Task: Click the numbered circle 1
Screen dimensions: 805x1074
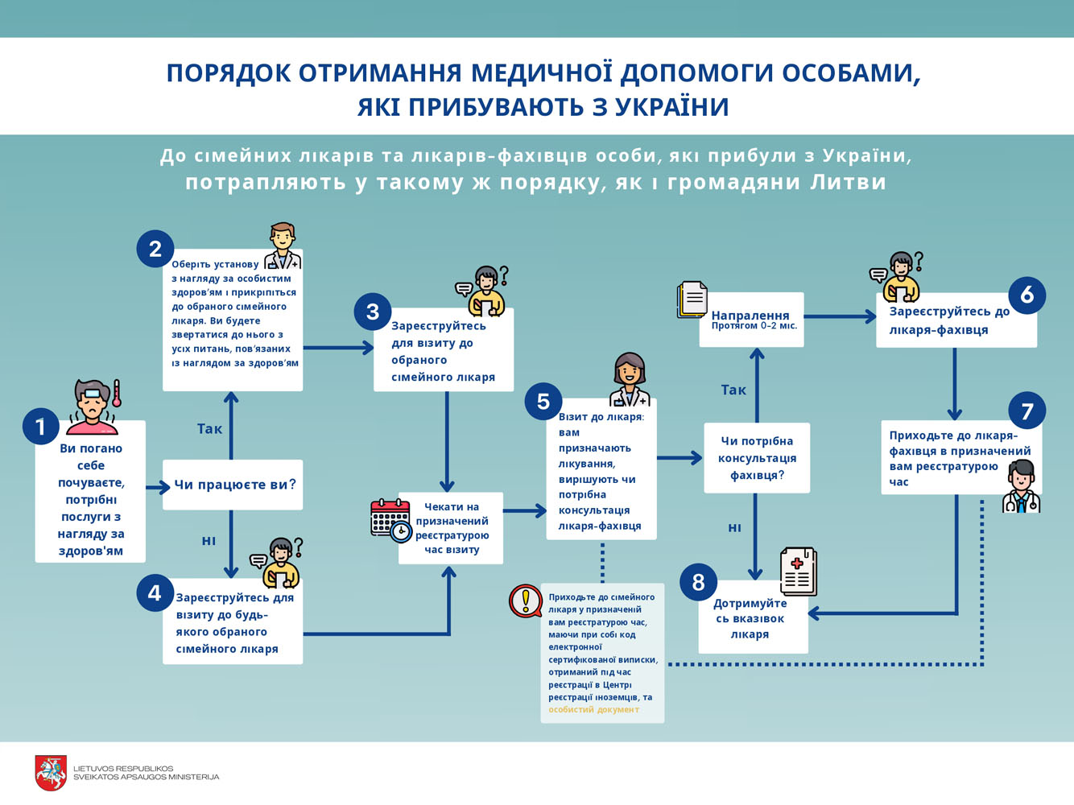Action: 40,425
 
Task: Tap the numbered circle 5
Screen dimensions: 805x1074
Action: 543,401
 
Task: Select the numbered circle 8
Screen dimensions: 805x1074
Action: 698,581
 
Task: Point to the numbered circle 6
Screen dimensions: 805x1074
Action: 1026,295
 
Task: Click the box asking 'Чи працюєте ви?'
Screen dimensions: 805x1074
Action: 233,485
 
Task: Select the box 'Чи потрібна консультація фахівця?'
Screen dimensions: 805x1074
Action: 757,458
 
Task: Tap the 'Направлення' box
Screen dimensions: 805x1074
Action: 751,320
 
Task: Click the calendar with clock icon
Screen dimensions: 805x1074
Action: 390,519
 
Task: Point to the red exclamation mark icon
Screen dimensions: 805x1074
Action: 526,601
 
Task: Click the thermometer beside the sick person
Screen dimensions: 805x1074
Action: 117,393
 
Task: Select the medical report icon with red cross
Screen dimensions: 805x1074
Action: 799,571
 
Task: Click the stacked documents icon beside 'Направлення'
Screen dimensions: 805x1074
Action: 692,299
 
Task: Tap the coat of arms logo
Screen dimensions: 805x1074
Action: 51,773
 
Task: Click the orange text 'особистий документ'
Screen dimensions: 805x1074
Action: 593,710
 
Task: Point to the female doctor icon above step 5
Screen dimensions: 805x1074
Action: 630,380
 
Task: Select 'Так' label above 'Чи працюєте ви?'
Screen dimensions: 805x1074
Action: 209,429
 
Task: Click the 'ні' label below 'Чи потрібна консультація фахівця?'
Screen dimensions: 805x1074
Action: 734,528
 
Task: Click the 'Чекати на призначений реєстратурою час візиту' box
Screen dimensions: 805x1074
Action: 451,528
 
